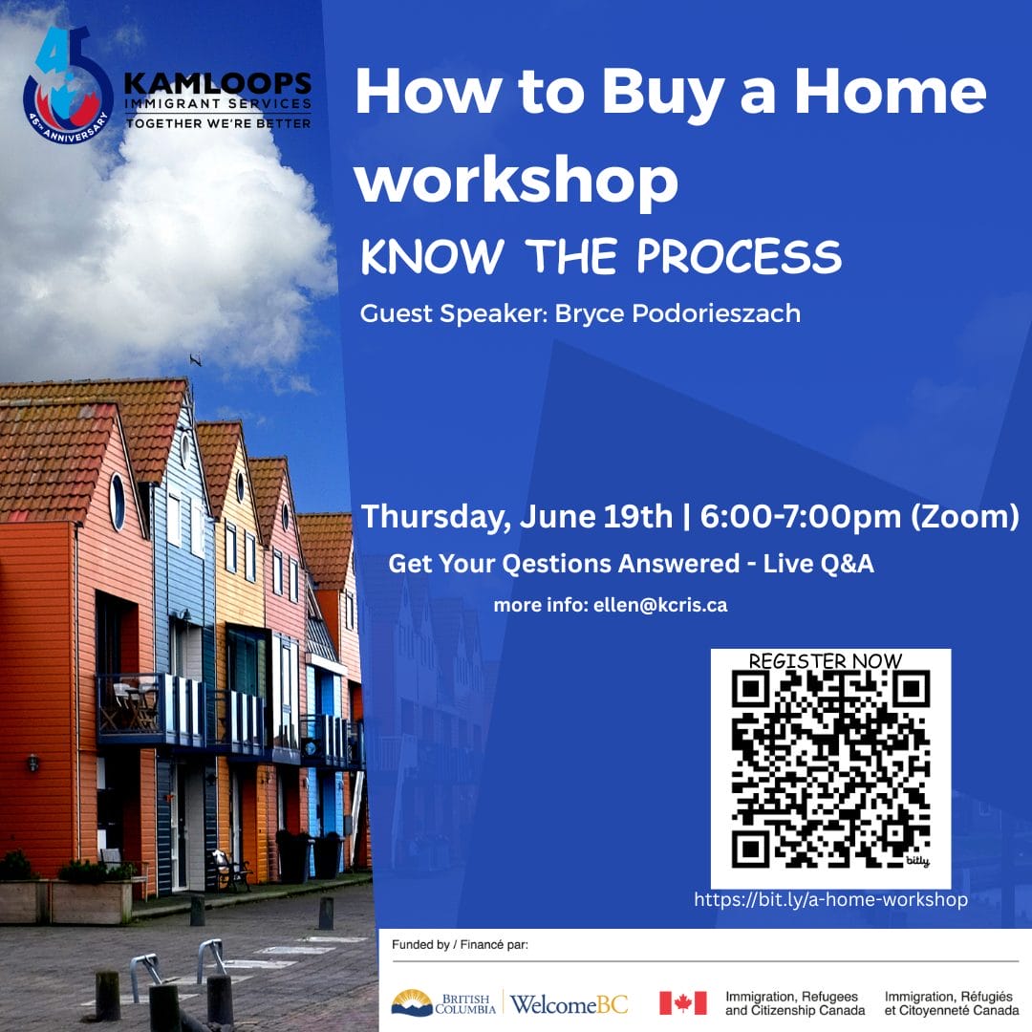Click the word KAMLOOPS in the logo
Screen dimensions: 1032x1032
pyautogui.click(x=218, y=83)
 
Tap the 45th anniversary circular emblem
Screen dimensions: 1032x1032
pyautogui.click(x=67, y=86)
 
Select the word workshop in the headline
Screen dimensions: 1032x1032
pyautogui.click(x=517, y=181)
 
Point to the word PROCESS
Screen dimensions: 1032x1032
pyautogui.click(x=739, y=256)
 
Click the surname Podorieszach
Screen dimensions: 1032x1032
pyautogui.click(x=716, y=313)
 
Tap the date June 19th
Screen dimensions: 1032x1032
pyautogui.click(x=595, y=516)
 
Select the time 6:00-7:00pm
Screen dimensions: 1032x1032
pyautogui.click(x=801, y=516)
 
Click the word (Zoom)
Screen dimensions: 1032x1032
pyautogui.click(x=965, y=517)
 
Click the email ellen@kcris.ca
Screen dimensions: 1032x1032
pyautogui.click(x=660, y=605)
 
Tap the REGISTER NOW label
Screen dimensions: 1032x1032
pyautogui.click(x=826, y=661)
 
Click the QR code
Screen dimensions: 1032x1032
pyautogui.click(x=830, y=768)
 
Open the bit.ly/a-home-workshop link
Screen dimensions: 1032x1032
pyautogui.click(x=830, y=900)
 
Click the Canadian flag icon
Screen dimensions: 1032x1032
pyautogui.click(x=683, y=1003)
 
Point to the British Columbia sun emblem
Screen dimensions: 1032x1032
pyautogui.click(x=411, y=1002)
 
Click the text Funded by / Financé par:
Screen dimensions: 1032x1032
pyautogui.click(x=460, y=945)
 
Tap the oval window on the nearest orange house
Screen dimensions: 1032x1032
pyautogui.click(x=118, y=502)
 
